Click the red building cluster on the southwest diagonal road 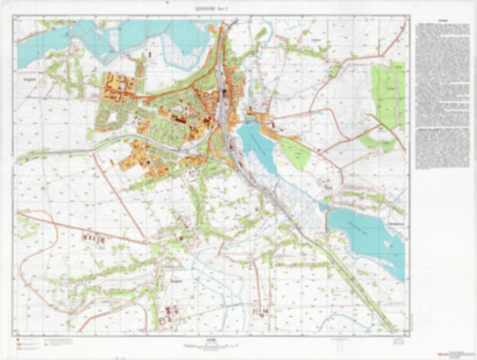92,239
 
